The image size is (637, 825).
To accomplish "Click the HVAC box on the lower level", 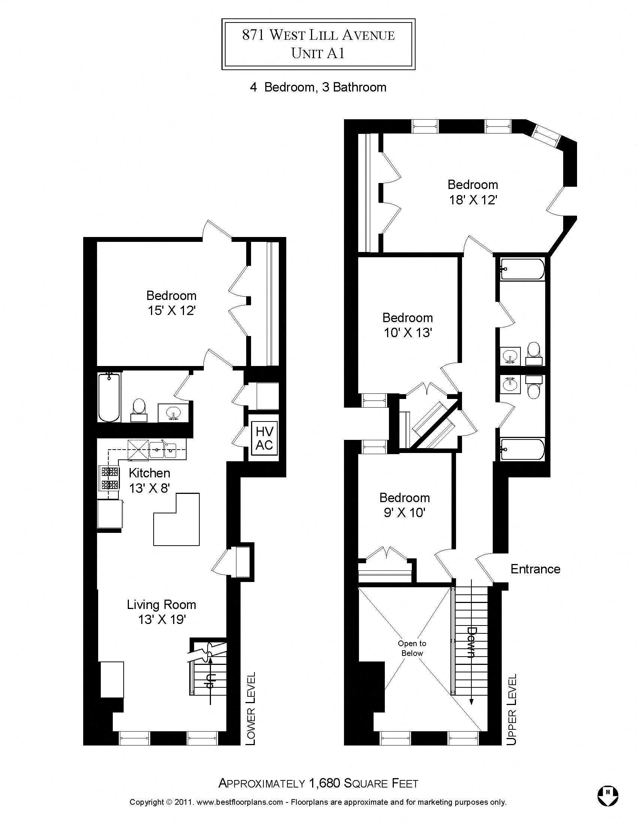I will click(x=264, y=439).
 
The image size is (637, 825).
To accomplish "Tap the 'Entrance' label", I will click(x=535, y=569).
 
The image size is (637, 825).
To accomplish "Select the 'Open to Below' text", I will click(x=412, y=648).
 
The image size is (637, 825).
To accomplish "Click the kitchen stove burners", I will click(x=109, y=478).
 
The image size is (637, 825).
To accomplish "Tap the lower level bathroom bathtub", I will click(x=109, y=397).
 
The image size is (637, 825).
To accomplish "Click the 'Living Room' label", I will click(x=161, y=604).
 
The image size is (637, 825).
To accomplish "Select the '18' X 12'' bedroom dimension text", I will click(x=473, y=200).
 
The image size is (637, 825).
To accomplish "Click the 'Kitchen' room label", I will click(x=150, y=473).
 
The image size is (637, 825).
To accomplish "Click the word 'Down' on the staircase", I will click(x=472, y=642).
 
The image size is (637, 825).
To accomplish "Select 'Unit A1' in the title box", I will click(x=318, y=53).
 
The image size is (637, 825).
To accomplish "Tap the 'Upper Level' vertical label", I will click(x=511, y=709).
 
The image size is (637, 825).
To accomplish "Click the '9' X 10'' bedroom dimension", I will click(x=405, y=513).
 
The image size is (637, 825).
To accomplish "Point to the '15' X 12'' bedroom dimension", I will click(x=171, y=310).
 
